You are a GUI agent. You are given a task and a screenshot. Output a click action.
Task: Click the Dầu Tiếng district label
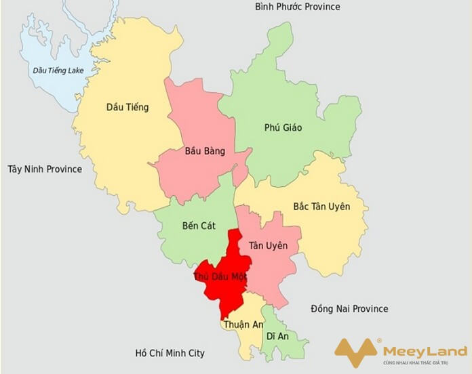coord(127,107)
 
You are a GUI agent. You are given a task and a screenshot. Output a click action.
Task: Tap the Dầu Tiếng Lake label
coord(58,70)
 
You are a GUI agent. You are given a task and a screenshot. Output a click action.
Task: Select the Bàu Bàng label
coord(205,150)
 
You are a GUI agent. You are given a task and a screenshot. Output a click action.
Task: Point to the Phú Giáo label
coord(283,127)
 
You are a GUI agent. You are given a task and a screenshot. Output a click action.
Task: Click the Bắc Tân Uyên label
coord(321,206)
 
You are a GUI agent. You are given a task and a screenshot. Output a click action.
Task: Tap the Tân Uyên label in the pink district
coord(268,245)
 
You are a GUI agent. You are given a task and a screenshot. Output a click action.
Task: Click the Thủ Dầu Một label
coord(220,276)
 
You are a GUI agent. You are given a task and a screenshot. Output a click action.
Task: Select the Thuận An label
coord(241,325)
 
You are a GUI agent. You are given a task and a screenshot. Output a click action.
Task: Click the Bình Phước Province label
coord(298,7)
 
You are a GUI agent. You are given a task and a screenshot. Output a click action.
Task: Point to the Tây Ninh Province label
coord(45,169)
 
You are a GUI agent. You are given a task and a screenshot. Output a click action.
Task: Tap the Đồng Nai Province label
coord(349,309)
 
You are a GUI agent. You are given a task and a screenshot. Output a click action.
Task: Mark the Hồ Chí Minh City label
coord(170,353)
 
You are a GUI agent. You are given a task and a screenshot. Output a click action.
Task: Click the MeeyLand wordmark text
coord(425,351)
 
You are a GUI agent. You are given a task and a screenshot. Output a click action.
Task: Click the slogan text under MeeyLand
coord(425,364)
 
